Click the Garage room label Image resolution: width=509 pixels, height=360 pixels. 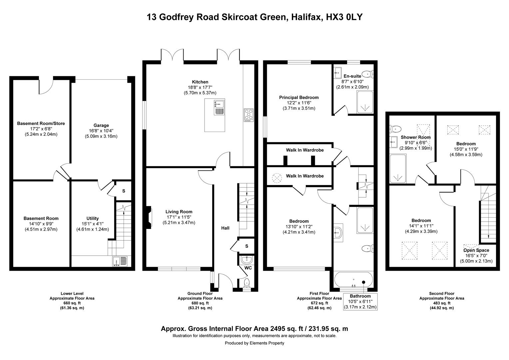[101, 125]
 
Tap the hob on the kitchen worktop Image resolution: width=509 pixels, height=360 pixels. [249, 115]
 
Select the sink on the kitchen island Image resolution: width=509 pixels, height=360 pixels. [220, 108]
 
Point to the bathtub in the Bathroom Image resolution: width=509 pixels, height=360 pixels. [353, 279]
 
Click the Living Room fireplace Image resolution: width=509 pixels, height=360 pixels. [149, 217]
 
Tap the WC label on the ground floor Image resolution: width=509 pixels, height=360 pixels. [248, 268]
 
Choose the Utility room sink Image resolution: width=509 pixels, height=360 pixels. [120, 261]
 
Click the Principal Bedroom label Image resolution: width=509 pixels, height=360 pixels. [299, 97]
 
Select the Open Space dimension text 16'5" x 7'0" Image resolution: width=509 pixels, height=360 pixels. [476, 256]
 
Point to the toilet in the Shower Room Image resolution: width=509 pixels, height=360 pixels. [395, 129]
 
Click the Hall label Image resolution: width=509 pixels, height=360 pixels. [225, 228]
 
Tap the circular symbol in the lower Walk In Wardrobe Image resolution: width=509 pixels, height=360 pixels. [277, 178]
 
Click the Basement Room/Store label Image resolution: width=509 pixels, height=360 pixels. [41, 123]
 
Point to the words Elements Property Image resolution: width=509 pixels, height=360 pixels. [267, 343]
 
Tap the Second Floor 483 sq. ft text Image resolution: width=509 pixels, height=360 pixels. [442, 303]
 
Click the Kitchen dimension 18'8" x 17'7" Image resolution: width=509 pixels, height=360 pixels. [200, 87]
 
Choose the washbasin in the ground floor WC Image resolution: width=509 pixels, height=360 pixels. [247, 259]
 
